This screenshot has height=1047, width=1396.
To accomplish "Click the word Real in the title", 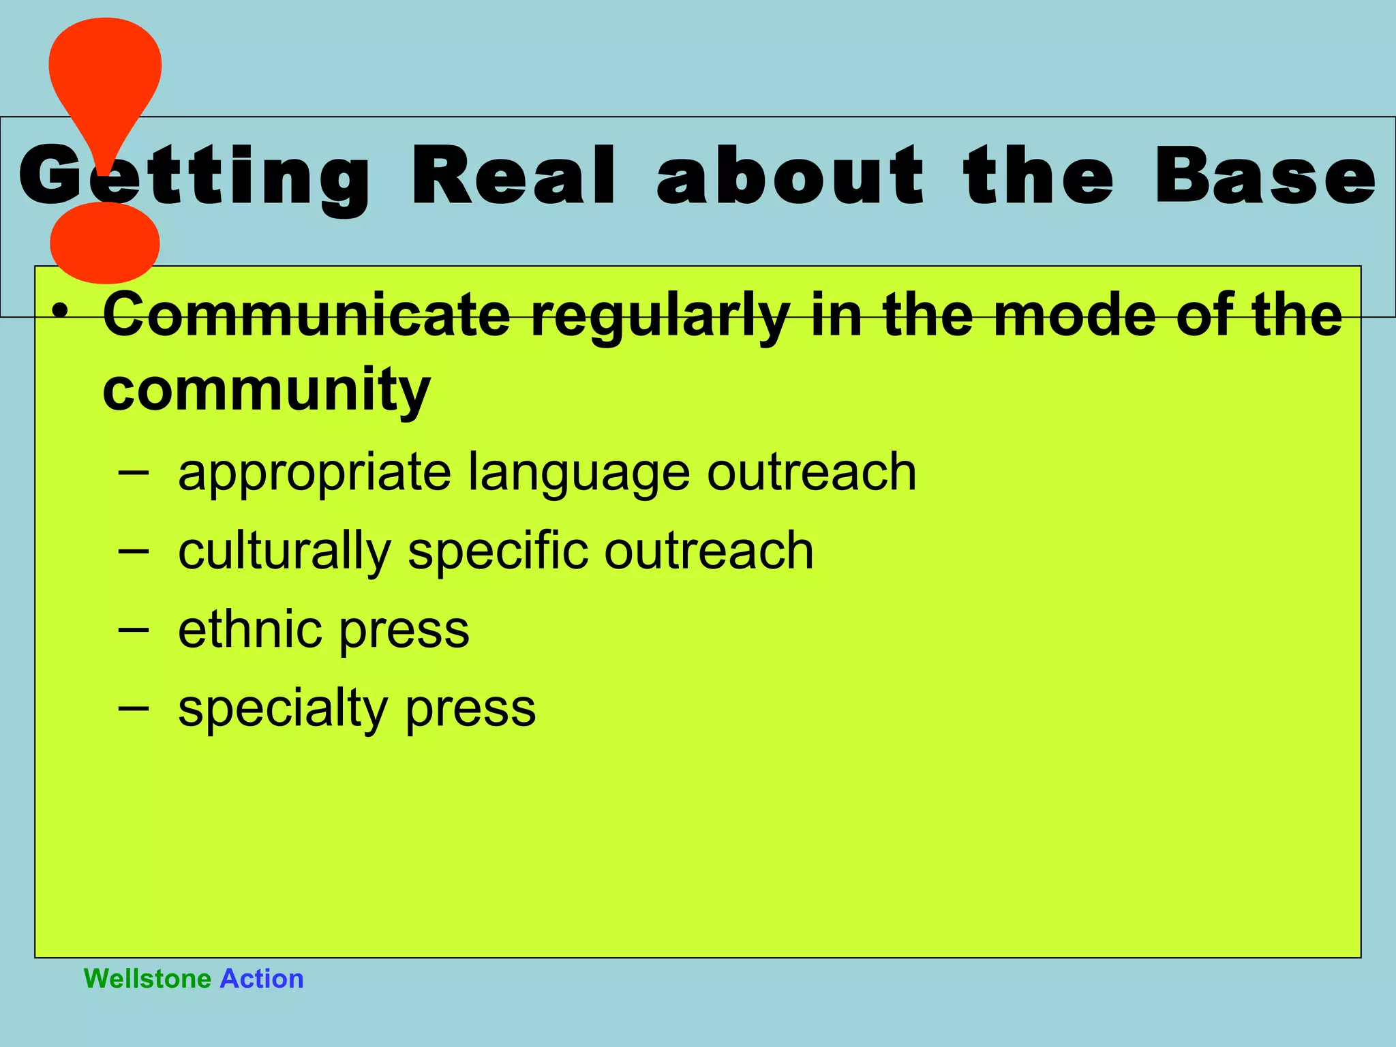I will (x=513, y=175).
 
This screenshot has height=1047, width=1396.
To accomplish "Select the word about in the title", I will (x=790, y=175).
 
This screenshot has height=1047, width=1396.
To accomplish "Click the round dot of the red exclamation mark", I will (x=105, y=242).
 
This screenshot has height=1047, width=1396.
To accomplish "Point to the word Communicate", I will (x=306, y=315).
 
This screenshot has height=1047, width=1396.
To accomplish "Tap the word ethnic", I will (x=249, y=629).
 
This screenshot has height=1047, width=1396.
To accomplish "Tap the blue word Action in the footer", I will (x=262, y=979).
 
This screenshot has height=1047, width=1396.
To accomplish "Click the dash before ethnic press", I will (x=132, y=630).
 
